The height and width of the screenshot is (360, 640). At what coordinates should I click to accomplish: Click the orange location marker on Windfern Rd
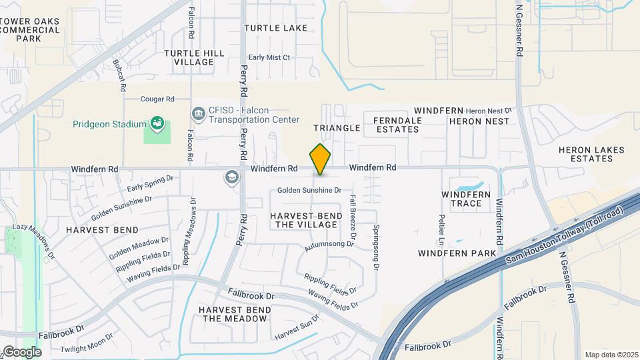(320, 159)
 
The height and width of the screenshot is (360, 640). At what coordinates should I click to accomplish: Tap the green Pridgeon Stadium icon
(157, 123)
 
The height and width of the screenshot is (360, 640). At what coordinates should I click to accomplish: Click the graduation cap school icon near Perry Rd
(231, 177)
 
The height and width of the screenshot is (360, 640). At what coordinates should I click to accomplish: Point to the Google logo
(21, 351)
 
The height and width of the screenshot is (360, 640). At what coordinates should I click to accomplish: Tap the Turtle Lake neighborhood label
(275, 28)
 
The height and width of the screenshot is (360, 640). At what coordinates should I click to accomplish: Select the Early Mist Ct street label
(269, 58)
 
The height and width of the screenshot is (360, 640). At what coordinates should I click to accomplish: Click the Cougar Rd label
(157, 99)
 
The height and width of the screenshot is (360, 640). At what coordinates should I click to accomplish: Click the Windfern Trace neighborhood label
(466, 199)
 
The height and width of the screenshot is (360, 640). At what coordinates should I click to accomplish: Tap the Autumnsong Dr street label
(329, 245)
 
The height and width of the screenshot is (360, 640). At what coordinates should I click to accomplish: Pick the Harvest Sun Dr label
(297, 327)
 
